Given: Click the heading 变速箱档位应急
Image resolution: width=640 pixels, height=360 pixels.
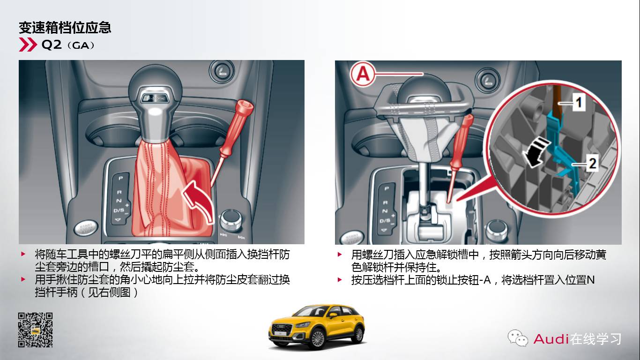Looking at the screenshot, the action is [x=65, y=28].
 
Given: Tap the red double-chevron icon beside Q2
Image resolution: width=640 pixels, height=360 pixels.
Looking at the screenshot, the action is [x=28, y=45].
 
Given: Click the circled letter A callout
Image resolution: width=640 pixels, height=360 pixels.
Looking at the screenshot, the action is [x=363, y=74].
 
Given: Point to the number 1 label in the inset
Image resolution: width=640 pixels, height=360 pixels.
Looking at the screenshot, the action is [x=579, y=102].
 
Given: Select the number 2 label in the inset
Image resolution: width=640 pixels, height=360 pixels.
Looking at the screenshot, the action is [x=592, y=163].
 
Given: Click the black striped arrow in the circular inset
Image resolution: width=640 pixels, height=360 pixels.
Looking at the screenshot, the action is [x=535, y=151].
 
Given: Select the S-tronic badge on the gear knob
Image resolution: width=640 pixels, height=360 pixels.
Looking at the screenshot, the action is [x=156, y=98].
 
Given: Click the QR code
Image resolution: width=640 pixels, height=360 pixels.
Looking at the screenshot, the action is [x=36, y=330].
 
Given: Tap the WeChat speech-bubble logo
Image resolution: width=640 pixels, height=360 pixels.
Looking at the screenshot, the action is [x=517, y=337].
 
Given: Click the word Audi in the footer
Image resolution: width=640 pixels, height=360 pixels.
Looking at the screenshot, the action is [x=551, y=339].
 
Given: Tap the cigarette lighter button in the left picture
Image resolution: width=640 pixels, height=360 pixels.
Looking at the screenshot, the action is [x=222, y=71].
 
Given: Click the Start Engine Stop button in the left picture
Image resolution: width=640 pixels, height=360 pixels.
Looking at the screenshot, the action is [x=85, y=229].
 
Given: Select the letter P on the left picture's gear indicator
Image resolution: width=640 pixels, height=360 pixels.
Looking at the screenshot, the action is [x=120, y=178].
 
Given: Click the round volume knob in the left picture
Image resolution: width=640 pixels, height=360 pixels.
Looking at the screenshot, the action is [x=231, y=220].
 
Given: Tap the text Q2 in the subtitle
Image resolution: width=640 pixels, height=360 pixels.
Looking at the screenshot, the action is [x=52, y=45].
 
